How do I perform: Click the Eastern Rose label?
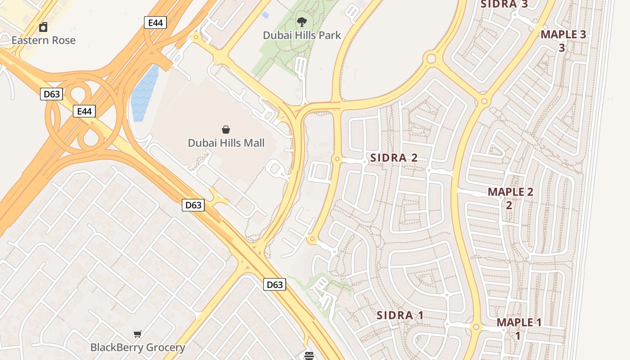pos(43,40)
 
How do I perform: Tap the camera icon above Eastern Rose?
pos(43,27)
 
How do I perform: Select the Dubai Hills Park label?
pos(302,35)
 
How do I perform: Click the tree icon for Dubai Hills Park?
pos(302,22)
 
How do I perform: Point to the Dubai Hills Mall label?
pos(226,143)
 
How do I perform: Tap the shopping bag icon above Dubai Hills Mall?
pos(226,130)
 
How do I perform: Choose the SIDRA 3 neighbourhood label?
pos(504,4)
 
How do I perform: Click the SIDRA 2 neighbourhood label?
pos(394,158)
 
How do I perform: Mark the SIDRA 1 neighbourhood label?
pos(400,315)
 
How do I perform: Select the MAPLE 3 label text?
pos(563,35)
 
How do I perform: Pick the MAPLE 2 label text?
pos(510,192)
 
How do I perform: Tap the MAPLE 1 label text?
pos(519,323)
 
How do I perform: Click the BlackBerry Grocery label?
pos(138,347)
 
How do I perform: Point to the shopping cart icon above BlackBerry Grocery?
pos(138,334)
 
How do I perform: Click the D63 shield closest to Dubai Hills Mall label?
pos(193,205)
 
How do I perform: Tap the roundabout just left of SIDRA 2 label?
pos(337,159)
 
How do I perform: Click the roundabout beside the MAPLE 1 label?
pos(476,327)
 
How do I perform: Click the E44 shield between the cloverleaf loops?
pos(84,111)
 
